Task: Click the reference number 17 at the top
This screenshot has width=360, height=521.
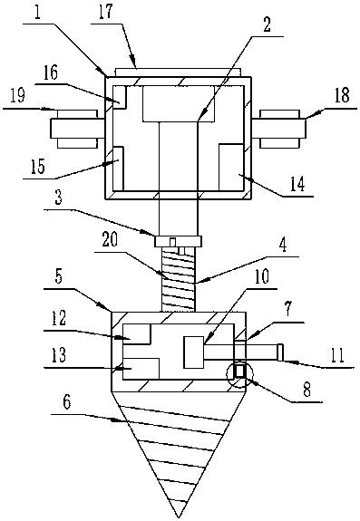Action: pyautogui.click(x=105, y=13)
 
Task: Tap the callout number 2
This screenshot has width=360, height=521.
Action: pyautogui.click(x=267, y=24)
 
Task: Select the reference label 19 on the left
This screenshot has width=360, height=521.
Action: pyautogui.click(x=17, y=96)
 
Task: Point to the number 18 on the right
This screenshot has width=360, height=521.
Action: pyautogui.click(x=343, y=95)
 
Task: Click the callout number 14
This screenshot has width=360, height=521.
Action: pyautogui.click(x=297, y=185)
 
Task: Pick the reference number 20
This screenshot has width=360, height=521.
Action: pyautogui.click(x=110, y=240)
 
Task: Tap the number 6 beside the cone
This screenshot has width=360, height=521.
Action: pyautogui.click(x=67, y=402)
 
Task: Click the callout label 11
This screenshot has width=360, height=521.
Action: pyautogui.click(x=337, y=355)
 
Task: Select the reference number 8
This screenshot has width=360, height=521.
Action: pyautogui.click(x=306, y=390)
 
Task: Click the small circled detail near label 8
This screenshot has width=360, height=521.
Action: pyautogui.click(x=239, y=375)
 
